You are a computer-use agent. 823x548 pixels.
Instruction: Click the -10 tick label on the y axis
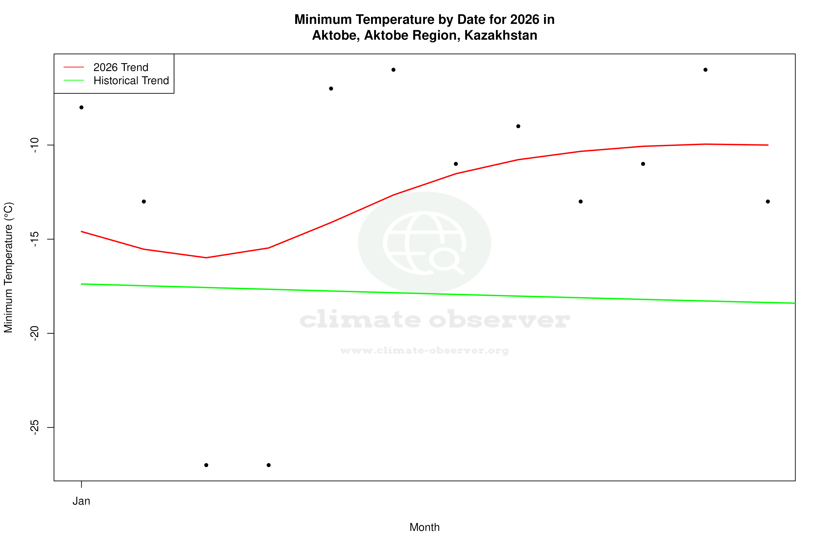click(x=34, y=145)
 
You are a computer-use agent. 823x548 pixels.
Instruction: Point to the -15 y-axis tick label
click(x=34, y=239)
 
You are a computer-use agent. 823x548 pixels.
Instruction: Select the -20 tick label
click(x=34, y=333)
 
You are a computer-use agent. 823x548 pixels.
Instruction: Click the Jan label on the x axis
click(x=81, y=501)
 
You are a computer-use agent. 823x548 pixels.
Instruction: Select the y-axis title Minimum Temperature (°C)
click(x=8, y=267)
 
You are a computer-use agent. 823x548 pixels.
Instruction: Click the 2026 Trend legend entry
click(x=121, y=67)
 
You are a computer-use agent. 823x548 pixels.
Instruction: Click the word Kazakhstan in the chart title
click(x=501, y=35)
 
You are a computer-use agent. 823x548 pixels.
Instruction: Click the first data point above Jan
click(x=81, y=107)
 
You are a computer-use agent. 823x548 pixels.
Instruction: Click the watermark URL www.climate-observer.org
click(x=424, y=351)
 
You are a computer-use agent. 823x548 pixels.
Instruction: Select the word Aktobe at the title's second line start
click(x=335, y=35)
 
